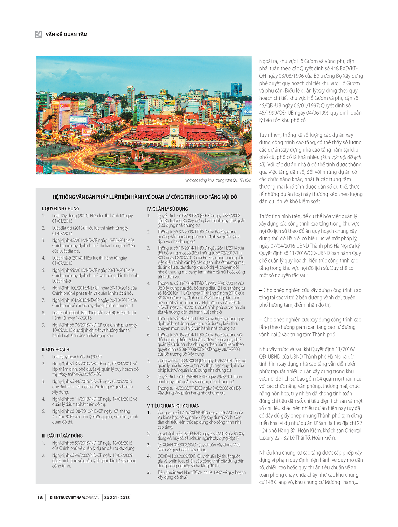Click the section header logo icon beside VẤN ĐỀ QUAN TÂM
coord(39,34)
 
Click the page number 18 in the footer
coord(40,498)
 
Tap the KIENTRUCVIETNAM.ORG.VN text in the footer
coord(75,498)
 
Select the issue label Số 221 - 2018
coord(117,498)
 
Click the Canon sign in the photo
coord(65,106)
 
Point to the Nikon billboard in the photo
coord(169,103)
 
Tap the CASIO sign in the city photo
coord(78,120)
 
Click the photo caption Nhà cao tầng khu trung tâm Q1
coord(218,180)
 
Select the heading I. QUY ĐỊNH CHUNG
coord(60,209)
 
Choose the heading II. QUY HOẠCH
coord(55,350)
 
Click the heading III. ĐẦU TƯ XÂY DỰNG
coord(62,436)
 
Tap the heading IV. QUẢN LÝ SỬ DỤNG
coord(167,209)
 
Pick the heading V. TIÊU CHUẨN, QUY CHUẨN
coord(173,406)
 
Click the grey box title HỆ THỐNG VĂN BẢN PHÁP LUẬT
coord(145,197)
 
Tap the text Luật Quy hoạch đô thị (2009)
coord(77,357)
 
